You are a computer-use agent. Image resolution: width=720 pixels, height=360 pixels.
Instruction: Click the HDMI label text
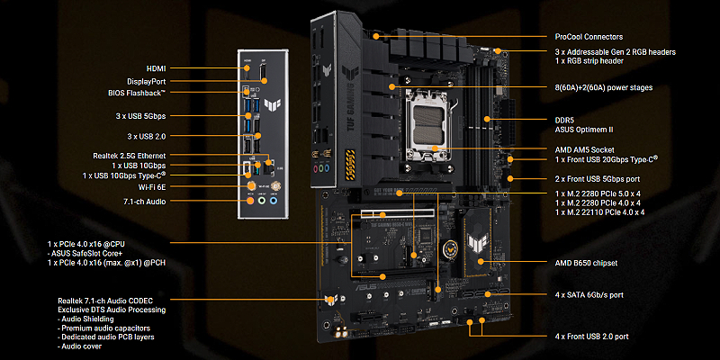point(156,68)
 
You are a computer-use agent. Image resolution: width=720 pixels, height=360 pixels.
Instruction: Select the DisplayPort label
point(147,81)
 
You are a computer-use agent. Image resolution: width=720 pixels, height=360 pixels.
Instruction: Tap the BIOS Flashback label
point(137,93)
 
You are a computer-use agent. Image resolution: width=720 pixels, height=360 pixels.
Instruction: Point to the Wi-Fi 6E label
point(152,187)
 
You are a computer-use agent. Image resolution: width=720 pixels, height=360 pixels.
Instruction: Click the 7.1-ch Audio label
point(145,201)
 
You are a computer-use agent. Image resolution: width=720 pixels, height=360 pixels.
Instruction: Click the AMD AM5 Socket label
point(584,149)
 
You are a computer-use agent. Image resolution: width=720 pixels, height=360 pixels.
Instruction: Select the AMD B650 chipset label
point(586,263)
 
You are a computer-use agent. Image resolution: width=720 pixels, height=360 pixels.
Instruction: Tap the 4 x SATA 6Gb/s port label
point(589,295)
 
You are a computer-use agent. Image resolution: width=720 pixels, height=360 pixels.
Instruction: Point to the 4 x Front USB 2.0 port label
point(591,337)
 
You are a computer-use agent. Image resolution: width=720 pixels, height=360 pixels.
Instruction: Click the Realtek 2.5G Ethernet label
point(130,156)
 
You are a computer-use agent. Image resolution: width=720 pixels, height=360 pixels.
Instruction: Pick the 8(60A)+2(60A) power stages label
point(603,87)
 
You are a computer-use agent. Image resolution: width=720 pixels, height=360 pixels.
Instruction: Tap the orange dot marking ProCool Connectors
point(376,36)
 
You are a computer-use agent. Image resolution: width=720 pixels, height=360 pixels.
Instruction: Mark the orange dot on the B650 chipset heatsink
point(481,262)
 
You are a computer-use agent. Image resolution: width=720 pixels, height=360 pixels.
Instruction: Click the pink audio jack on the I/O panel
point(250,200)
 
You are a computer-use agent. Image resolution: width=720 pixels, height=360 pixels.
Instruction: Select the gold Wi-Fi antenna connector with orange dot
point(251,186)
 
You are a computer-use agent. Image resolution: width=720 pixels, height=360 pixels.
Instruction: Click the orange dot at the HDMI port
point(247,68)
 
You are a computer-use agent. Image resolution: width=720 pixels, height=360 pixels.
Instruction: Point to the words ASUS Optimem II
point(584,130)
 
